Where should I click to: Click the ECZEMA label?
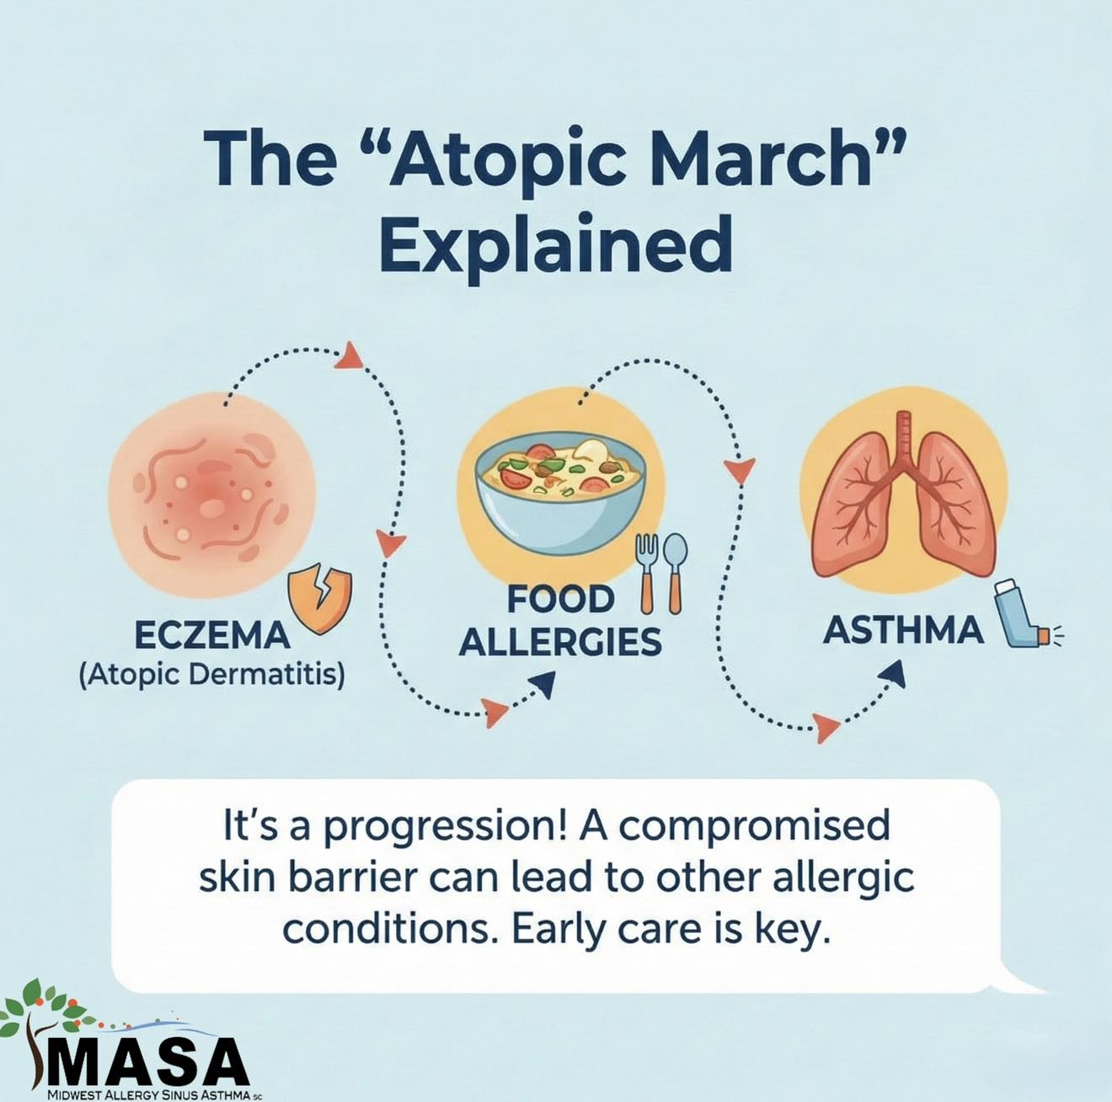pos(211,635)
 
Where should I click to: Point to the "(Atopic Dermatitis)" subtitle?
pos(211,674)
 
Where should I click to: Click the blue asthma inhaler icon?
pos(1024,613)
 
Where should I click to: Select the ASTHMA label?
pos(903,630)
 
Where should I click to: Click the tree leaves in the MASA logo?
pos(46,1008)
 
